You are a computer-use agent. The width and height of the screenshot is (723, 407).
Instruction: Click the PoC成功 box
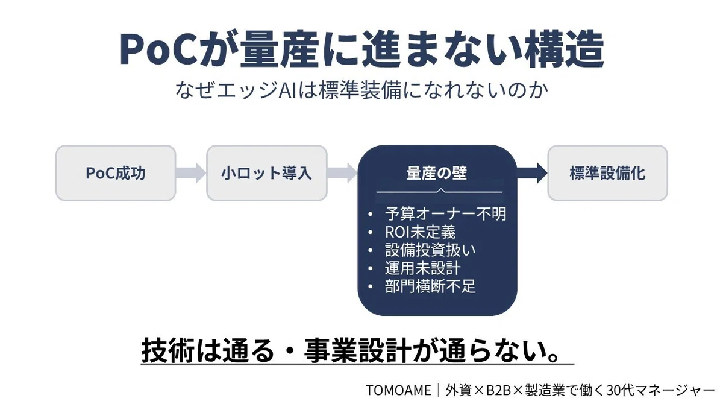coord(116,173)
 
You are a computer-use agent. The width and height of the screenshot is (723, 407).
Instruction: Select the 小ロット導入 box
coord(267,173)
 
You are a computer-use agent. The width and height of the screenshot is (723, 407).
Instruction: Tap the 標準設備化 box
coord(608,173)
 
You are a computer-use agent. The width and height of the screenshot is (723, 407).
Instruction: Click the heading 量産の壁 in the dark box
coord(437,174)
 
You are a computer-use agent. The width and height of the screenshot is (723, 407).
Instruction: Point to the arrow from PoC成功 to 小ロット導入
coord(191,173)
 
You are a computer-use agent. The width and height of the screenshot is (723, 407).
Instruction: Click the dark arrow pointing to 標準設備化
coord(532,173)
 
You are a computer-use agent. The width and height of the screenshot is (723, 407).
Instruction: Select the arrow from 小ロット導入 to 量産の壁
coord(342,173)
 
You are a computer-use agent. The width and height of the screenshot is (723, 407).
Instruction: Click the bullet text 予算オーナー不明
coord(446,214)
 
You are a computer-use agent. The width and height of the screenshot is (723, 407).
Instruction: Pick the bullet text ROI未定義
coord(421,232)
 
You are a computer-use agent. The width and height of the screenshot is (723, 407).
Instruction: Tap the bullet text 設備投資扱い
coord(430,250)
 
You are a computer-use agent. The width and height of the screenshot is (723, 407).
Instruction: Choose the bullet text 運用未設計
coord(422,268)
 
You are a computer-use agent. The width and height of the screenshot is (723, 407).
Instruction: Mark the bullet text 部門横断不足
coord(430,286)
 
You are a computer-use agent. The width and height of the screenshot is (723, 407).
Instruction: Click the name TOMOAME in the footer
coord(398,390)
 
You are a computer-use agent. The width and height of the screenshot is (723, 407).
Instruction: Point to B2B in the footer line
coord(499,390)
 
